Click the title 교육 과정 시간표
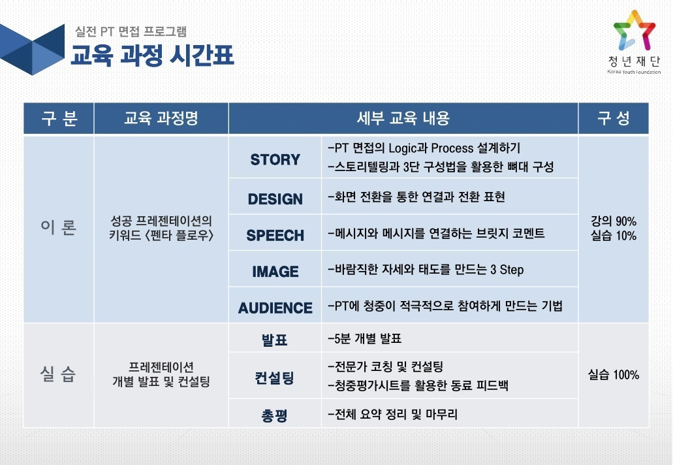(x=152, y=55)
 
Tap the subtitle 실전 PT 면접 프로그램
(x=131, y=31)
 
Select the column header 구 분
(x=59, y=118)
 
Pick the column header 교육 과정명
(x=161, y=118)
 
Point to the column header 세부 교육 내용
(x=403, y=118)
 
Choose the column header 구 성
(x=614, y=118)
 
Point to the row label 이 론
(x=58, y=227)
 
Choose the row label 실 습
(x=58, y=374)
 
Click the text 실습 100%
(x=614, y=375)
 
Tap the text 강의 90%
(x=614, y=221)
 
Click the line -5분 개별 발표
(x=365, y=338)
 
